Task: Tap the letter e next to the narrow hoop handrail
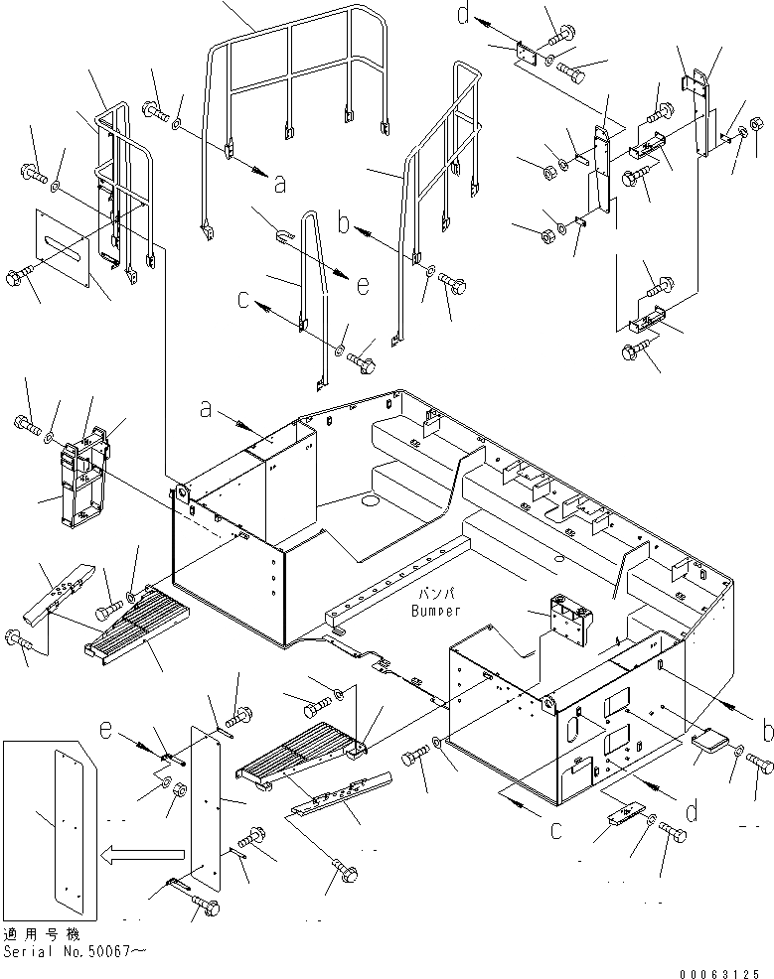click(362, 285)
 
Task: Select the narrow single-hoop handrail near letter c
click(315, 298)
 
